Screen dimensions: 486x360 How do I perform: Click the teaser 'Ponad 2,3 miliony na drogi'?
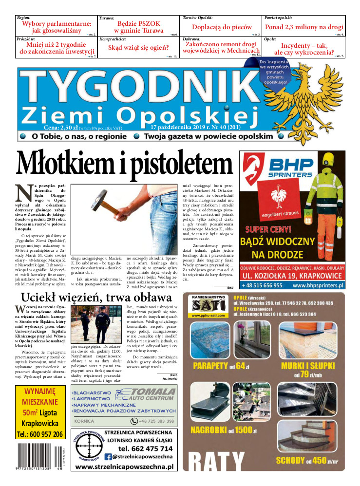(x=304, y=27)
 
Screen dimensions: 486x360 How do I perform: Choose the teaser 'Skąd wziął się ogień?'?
(x=138, y=48)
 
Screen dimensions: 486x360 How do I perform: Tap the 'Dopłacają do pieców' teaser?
(x=222, y=27)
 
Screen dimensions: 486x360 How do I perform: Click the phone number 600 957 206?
(x=40, y=434)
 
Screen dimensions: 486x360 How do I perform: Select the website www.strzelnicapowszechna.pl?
(x=124, y=467)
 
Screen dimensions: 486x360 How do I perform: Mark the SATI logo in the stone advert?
(x=208, y=305)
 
